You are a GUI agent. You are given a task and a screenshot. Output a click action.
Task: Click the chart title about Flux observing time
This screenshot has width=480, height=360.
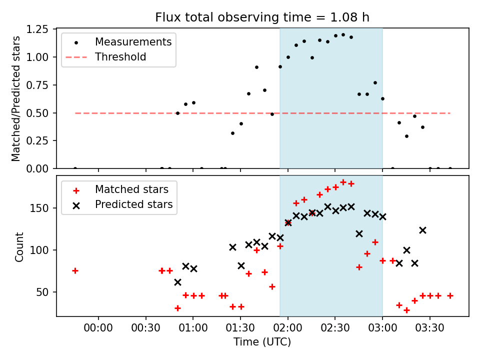[x=262, y=18]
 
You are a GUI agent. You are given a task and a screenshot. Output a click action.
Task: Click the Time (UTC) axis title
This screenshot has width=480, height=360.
[x=262, y=342]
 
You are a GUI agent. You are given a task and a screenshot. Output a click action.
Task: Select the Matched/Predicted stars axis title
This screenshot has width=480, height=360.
[x=16, y=98]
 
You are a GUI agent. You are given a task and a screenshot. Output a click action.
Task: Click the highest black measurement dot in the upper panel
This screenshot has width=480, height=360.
[x=343, y=35]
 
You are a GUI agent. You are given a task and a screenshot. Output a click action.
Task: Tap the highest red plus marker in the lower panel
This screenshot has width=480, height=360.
[x=343, y=182]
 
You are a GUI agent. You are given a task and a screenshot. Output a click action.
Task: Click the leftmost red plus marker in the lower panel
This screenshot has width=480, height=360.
[x=75, y=270]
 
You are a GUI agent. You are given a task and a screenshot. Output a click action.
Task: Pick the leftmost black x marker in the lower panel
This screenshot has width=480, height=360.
[x=177, y=282]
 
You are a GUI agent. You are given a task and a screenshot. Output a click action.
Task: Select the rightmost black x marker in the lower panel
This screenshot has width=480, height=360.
[x=422, y=230]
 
